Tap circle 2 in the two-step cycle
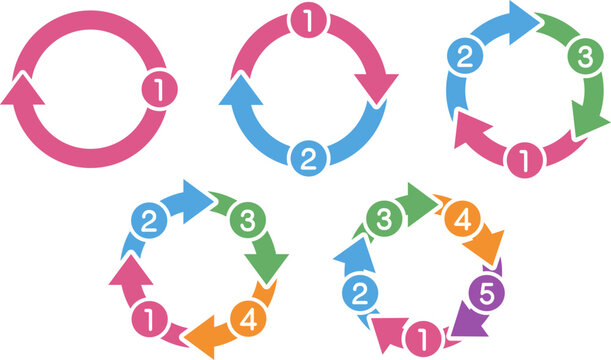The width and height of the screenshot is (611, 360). pyautogui.click(x=308, y=155)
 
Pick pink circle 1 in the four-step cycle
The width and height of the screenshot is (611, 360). pyautogui.click(x=146, y=320)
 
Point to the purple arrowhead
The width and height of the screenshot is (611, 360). pyautogui.click(x=464, y=323)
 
